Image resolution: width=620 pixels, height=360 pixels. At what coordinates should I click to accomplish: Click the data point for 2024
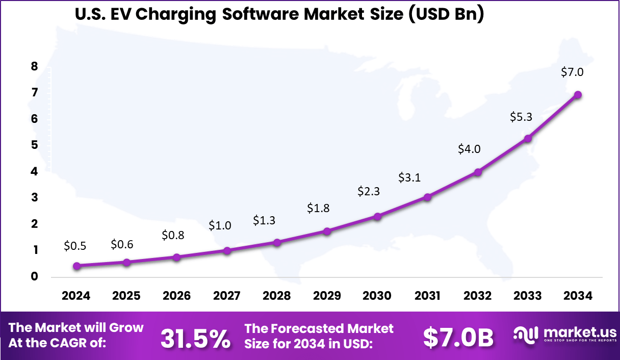coord(76,266)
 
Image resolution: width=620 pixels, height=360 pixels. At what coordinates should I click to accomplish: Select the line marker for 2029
coord(327,231)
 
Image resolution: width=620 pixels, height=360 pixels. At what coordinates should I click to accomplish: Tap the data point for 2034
coord(578,94)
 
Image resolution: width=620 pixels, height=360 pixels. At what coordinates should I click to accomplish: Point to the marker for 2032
coord(478,172)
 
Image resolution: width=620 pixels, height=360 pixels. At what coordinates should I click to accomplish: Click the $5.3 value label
coord(521,117)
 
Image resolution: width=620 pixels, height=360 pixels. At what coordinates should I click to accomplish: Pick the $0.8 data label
coord(173,235)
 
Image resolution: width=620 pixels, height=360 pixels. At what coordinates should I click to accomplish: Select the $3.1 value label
coord(410,177)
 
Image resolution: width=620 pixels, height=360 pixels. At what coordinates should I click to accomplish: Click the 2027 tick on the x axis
coord(227,296)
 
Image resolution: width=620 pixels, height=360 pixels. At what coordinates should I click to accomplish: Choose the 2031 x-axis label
coord(427,296)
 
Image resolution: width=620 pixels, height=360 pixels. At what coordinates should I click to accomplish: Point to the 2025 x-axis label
coord(126,296)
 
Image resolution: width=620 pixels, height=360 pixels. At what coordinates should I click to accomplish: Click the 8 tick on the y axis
coord(35,66)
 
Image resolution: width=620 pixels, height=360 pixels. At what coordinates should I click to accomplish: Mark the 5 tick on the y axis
coord(35,145)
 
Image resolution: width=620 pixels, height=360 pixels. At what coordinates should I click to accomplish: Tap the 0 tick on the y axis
coord(35,277)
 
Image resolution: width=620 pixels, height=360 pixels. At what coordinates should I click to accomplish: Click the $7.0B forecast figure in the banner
coord(458,338)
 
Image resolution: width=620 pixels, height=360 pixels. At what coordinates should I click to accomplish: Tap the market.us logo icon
coord(526,335)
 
